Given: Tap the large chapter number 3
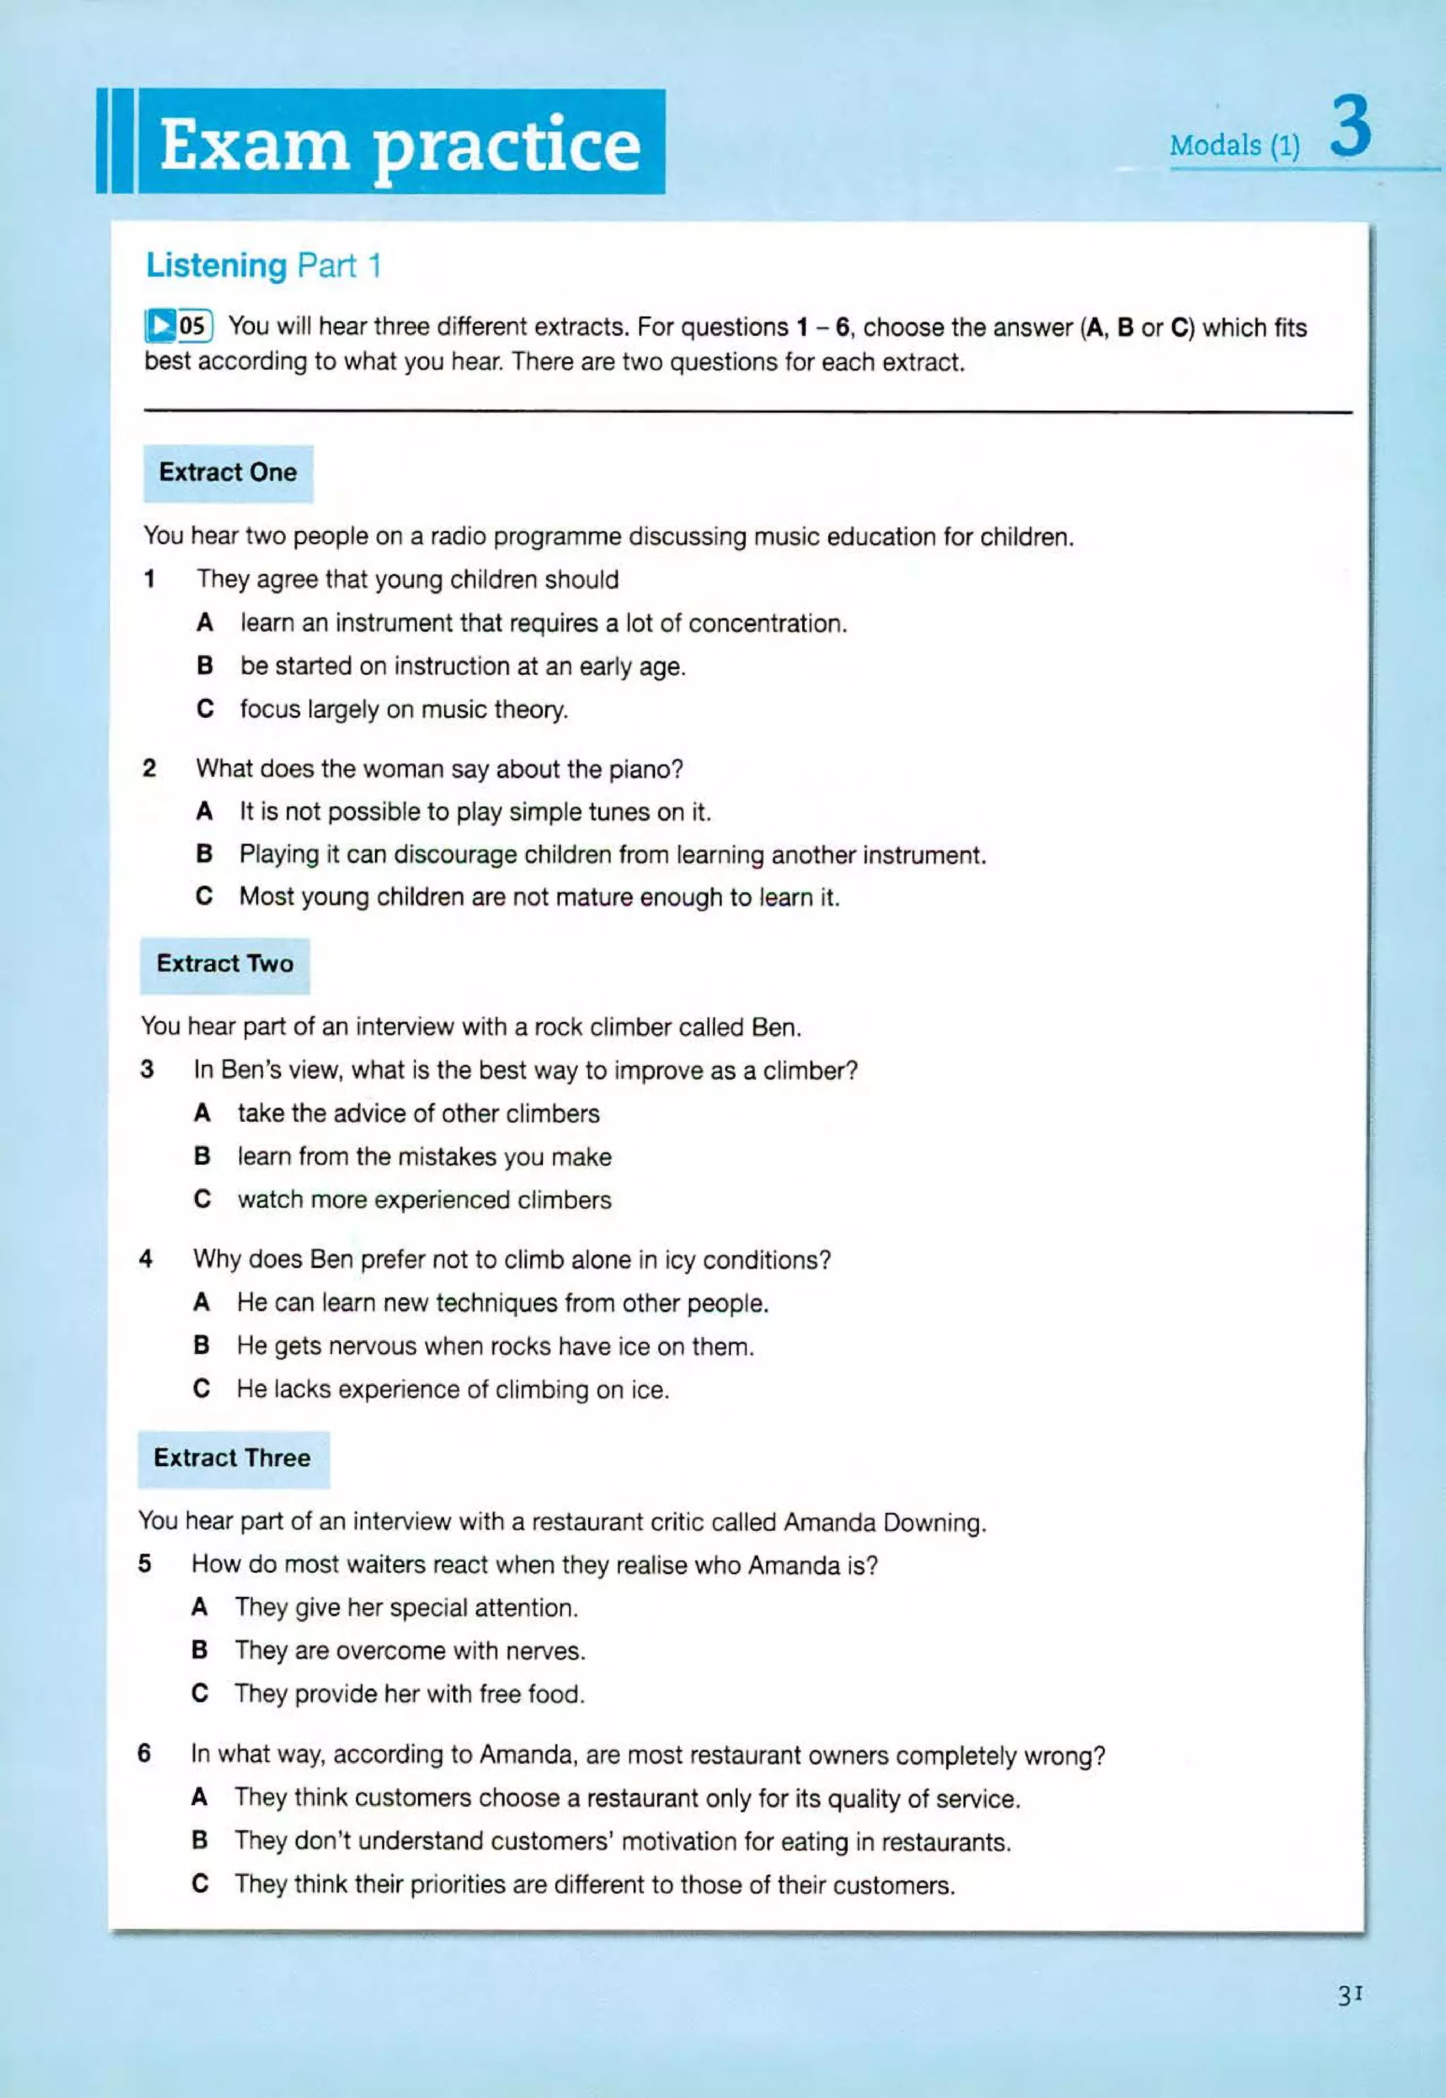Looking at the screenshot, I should point(1351,130).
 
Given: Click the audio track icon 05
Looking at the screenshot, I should point(179,326).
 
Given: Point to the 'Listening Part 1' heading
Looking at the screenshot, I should point(263,265).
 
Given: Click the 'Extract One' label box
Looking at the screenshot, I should point(227,473).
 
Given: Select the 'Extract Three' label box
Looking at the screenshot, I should point(233,1458).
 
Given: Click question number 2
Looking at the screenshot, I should point(150,769).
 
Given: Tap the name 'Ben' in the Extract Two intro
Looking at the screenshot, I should point(775,1027).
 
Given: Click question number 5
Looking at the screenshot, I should point(145,1564).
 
